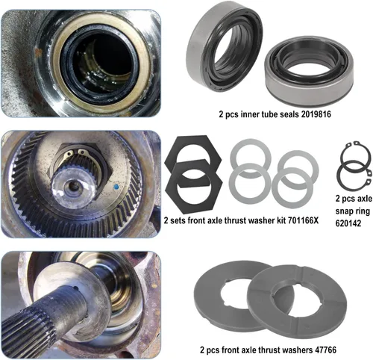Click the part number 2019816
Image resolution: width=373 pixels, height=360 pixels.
[316, 114]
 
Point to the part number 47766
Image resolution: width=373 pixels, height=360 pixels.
[325, 350]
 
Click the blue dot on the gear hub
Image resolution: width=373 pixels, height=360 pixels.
[116, 186]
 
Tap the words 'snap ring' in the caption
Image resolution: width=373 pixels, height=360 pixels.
[353, 211]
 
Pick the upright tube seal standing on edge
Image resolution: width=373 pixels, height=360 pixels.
[224, 47]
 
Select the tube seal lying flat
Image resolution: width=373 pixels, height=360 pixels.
[309, 71]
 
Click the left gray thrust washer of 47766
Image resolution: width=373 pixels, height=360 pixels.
[207, 299]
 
